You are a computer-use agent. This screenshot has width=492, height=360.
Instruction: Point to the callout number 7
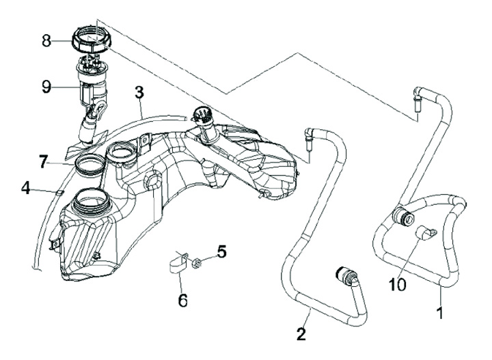[x=25, y=186]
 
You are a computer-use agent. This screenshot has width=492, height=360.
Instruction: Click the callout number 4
[x=221, y=251]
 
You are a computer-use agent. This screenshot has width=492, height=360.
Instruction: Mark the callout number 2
[x=301, y=334]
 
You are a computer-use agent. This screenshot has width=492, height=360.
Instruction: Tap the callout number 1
[x=440, y=314]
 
